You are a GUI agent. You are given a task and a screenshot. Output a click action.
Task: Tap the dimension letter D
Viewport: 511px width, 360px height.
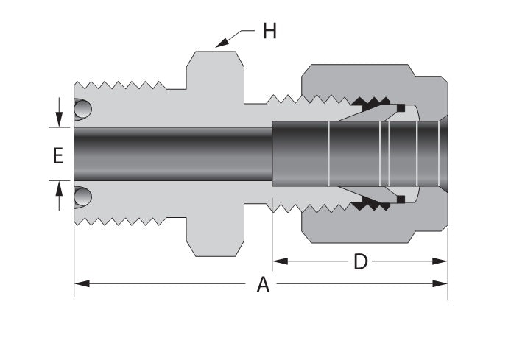tap(360, 261)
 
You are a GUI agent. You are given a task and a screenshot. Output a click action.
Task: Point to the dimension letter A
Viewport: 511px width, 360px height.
tap(263, 285)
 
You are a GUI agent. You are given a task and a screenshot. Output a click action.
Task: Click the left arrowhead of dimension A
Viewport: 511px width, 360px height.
tap(80, 283)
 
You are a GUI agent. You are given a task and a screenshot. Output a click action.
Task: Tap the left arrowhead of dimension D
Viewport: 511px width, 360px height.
tap(278, 261)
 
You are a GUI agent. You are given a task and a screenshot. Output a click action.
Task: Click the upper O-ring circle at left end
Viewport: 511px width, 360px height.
tap(83, 111)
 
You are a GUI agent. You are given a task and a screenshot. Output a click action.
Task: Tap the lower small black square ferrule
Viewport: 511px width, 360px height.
tap(400, 199)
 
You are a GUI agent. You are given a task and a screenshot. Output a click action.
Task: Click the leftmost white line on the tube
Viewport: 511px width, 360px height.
tap(328, 154)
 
